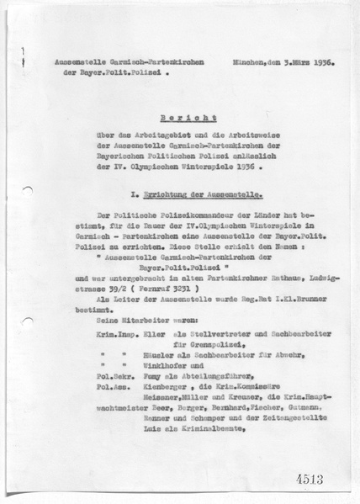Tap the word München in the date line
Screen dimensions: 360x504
tap(242, 63)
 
